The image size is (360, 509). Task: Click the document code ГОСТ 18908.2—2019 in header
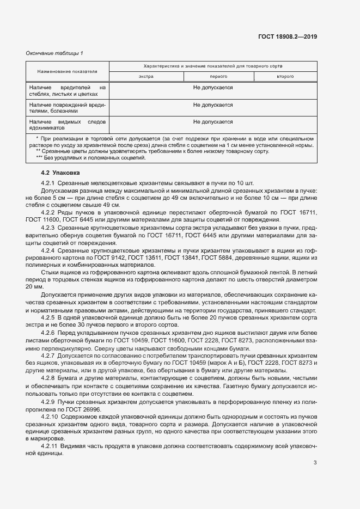coord(288,37)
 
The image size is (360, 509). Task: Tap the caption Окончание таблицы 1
coord(54,53)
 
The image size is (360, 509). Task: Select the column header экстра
coord(146,77)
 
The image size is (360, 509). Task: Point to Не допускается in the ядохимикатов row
coord(213,122)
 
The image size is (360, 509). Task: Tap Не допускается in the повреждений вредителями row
coord(213,105)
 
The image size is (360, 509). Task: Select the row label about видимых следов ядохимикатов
coord(68,125)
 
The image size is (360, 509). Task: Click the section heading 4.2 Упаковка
coord(57,173)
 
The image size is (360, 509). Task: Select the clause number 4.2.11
coord(50,445)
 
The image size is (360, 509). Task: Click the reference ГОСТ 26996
coord(82,408)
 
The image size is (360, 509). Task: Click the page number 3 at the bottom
coord(315,463)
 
